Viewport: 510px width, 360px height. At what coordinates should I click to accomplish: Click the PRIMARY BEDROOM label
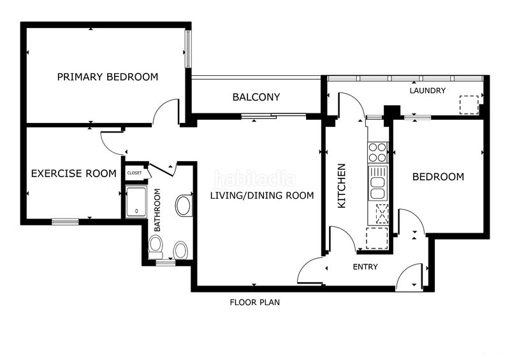click(108, 77)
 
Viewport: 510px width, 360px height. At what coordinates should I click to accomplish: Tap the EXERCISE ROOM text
click(74, 174)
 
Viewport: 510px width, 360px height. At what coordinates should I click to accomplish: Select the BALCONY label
click(256, 97)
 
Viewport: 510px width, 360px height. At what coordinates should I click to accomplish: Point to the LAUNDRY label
click(427, 90)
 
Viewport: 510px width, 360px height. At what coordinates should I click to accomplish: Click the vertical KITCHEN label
click(342, 185)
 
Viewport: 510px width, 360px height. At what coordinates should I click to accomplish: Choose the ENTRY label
click(365, 267)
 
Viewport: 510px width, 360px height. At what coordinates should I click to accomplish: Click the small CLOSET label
click(135, 173)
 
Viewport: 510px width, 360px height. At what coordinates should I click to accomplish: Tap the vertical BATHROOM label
click(157, 210)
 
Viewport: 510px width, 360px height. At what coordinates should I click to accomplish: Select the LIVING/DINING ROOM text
click(262, 196)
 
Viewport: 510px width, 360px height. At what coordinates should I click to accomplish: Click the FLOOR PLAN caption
click(254, 303)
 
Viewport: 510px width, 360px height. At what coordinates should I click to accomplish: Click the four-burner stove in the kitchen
click(377, 152)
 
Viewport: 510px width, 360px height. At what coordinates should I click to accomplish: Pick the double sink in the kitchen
click(377, 183)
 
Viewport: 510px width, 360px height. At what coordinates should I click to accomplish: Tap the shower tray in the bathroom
click(136, 202)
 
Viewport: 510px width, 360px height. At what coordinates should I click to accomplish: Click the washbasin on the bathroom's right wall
click(184, 206)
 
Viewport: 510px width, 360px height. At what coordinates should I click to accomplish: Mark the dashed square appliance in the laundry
click(469, 105)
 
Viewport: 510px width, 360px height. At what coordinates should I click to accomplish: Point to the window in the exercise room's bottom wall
click(65, 222)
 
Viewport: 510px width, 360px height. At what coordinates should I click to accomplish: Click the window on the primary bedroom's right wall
click(187, 49)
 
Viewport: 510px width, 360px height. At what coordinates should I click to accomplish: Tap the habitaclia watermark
click(254, 179)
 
